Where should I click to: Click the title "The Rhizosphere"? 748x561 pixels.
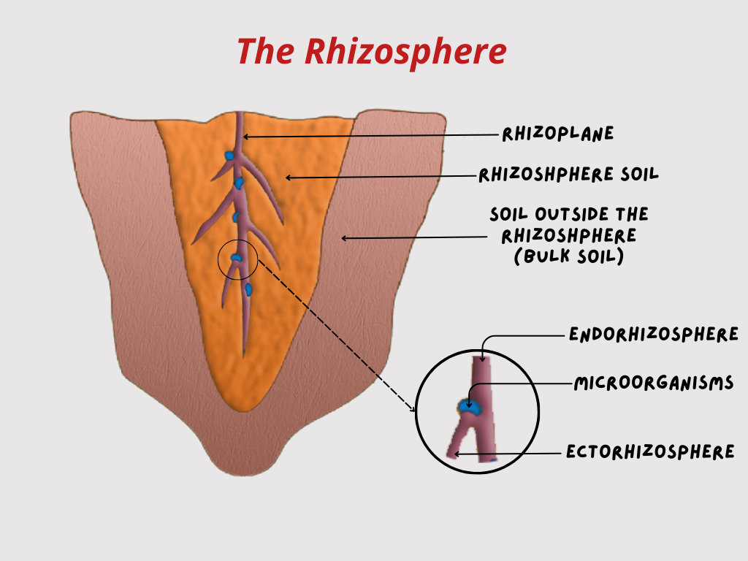371,52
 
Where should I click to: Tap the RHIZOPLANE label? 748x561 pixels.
558,134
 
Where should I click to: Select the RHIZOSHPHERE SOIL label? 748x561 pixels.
569,175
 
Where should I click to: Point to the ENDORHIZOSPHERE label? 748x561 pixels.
654,335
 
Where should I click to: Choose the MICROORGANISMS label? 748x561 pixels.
653,383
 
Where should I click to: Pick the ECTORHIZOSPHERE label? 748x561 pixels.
650,452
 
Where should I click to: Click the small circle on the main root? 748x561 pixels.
237,258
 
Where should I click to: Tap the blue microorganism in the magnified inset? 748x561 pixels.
470,406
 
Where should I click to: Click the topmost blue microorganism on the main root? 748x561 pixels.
229,156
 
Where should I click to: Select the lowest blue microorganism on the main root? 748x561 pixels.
248,290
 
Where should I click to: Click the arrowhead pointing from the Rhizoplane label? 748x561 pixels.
245,136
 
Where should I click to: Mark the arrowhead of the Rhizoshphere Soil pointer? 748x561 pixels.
288,177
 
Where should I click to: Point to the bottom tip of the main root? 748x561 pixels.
244,354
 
